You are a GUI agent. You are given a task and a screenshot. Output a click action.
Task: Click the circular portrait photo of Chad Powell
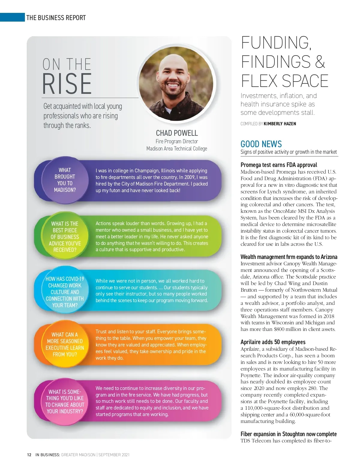(176, 84)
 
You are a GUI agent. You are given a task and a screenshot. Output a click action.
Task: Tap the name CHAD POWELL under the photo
(177, 133)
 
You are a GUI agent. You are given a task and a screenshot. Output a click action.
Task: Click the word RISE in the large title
(67, 84)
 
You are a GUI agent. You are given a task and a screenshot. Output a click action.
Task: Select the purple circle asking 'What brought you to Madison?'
(65, 180)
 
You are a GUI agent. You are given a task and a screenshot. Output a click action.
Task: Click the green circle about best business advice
(65, 236)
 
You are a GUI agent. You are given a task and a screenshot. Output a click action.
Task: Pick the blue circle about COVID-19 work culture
(65, 292)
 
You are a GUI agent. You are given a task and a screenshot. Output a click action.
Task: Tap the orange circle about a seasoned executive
(65, 344)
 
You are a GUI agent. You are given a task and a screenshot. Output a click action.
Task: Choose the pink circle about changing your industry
(65, 402)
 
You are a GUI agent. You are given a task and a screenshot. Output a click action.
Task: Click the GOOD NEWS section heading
(261, 144)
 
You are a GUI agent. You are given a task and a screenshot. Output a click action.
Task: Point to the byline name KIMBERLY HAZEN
(280, 123)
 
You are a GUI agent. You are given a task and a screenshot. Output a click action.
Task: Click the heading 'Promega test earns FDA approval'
(279, 165)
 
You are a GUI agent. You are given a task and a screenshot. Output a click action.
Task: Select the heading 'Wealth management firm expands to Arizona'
(289, 257)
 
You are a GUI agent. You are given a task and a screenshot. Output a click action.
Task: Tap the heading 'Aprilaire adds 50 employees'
(273, 342)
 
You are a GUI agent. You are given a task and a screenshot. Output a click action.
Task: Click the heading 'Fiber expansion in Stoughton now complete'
(288, 434)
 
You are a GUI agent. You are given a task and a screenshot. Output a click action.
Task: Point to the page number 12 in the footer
(29, 455)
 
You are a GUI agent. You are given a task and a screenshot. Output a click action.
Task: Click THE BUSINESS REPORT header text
(56, 18)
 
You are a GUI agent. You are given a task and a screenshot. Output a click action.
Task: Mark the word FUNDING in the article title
(275, 43)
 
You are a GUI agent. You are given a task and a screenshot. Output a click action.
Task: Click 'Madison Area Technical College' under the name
(177, 149)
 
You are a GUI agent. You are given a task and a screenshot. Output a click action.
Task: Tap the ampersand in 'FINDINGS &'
(320, 62)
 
